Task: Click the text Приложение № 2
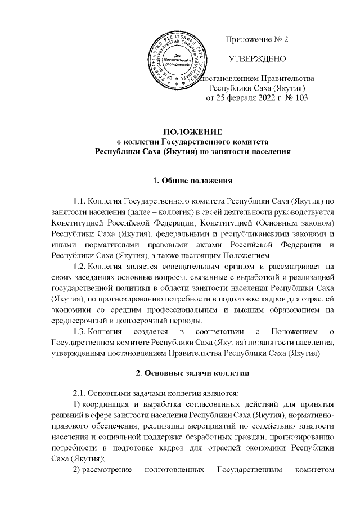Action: (x=256, y=39)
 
